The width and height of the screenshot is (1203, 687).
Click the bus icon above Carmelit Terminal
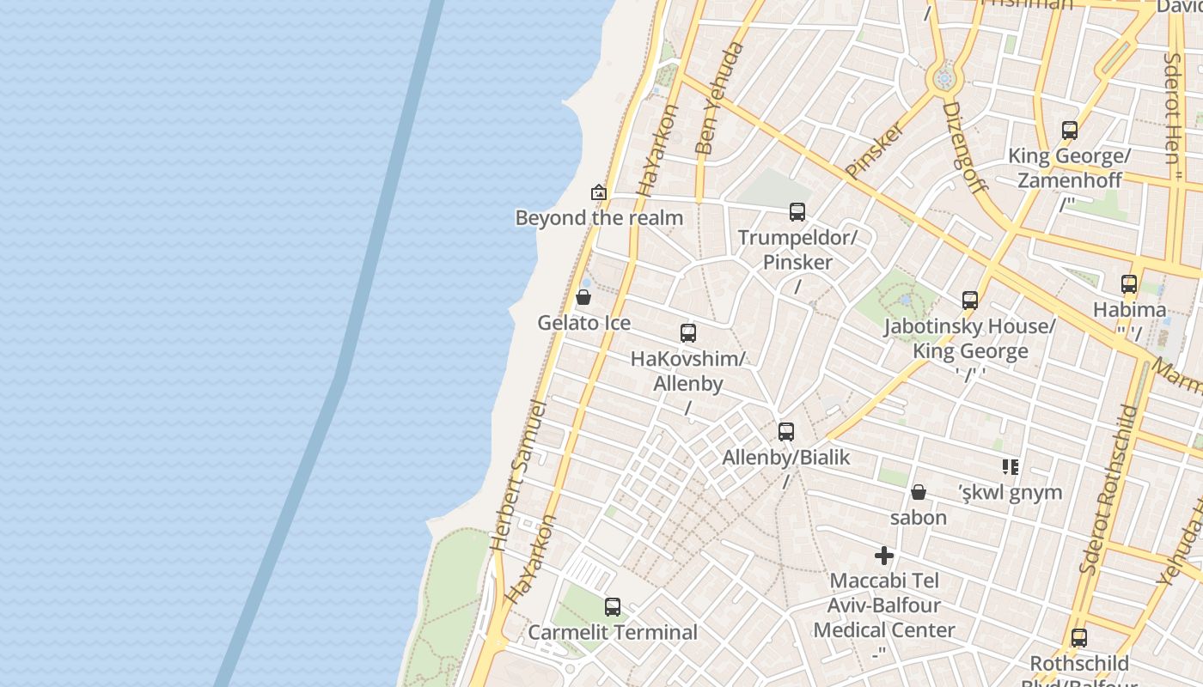click(x=613, y=607)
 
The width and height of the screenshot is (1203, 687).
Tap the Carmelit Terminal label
click(x=613, y=633)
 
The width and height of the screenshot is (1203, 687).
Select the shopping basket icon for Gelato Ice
click(x=583, y=298)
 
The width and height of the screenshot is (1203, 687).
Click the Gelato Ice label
click(x=584, y=323)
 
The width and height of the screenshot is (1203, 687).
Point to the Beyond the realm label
click(x=599, y=218)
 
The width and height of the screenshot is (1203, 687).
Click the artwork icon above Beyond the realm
click(x=599, y=192)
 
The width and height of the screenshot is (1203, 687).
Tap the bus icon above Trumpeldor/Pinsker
click(x=797, y=211)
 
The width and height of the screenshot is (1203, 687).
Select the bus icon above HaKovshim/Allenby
click(x=688, y=333)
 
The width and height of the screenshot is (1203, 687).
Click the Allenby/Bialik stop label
click(x=785, y=458)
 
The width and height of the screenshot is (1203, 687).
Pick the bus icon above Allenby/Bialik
click(x=786, y=432)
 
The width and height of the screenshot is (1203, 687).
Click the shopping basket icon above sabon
click(x=919, y=492)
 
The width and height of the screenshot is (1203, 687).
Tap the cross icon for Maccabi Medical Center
click(x=884, y=556)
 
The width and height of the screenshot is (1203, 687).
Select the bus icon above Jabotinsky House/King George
click(x=970, y=301)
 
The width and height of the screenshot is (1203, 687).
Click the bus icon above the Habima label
click(x=1129, y=284)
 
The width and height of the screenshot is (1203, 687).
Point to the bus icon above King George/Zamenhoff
click(x=1070, y=131)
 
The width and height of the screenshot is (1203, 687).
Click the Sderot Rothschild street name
click(x=1108, y=489)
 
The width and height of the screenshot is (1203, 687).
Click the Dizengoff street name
click(x=965, y=146)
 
